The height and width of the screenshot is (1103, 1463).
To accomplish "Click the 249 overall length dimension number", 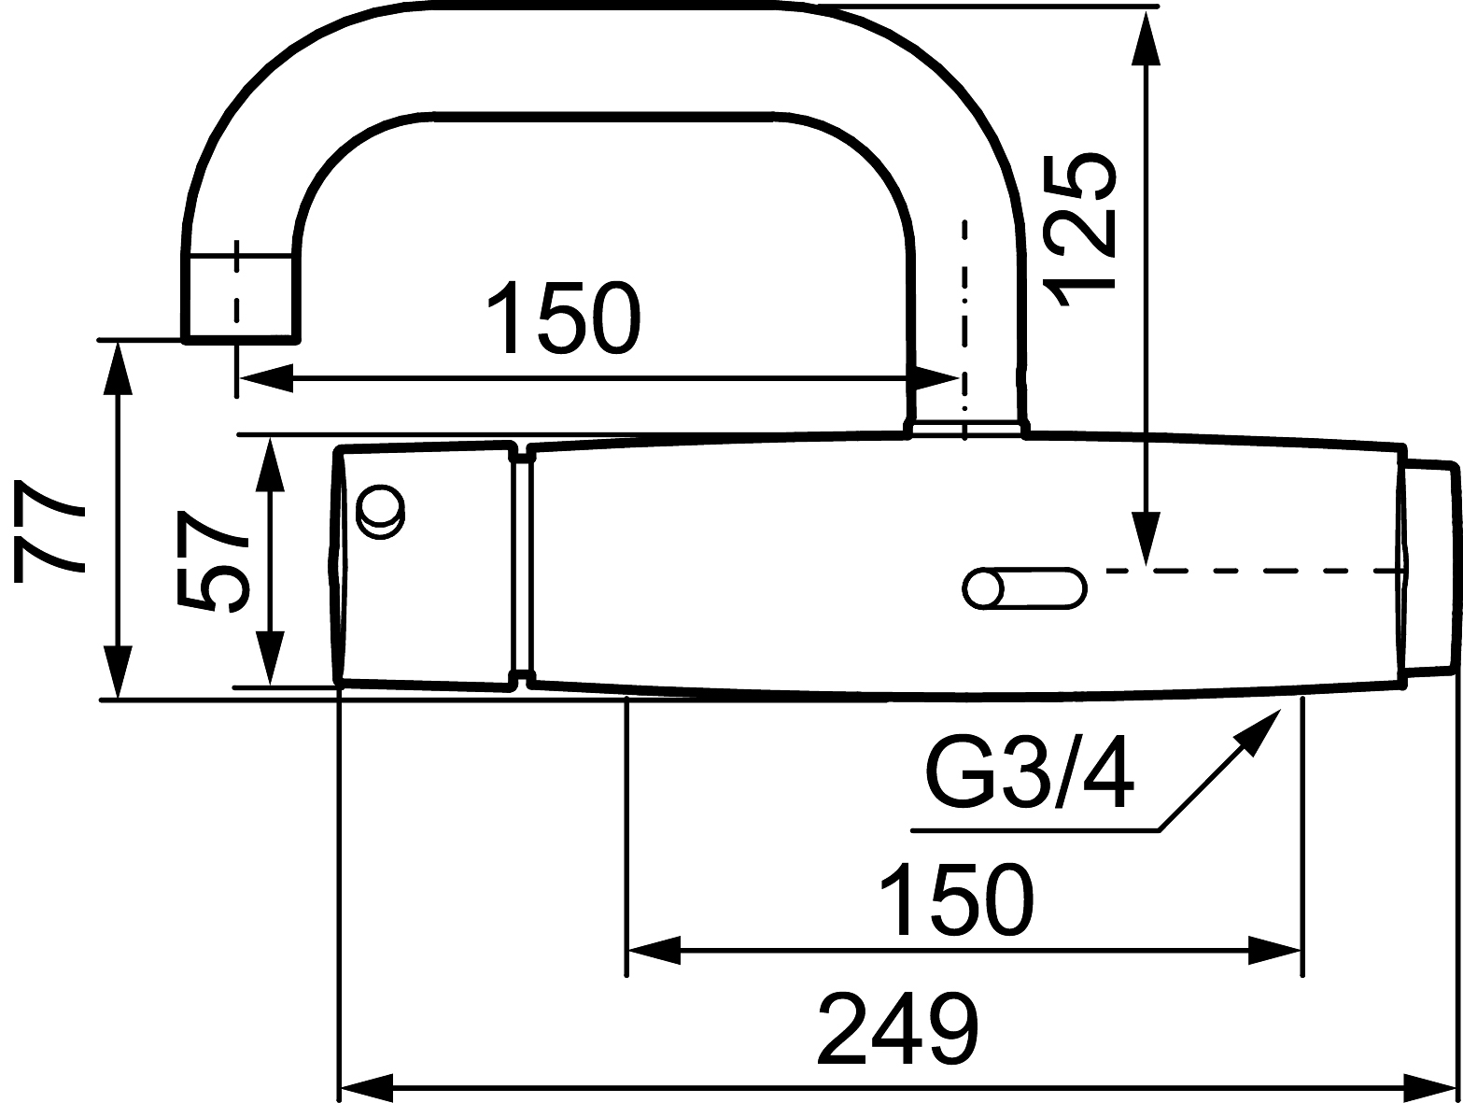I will pyautogui.click(x=898, y=1029).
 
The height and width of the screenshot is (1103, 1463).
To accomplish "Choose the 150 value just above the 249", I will pyautogui.click(x=955, y=899).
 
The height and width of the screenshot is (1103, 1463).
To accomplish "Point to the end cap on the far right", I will pyautogui.click(x=1428, y=566).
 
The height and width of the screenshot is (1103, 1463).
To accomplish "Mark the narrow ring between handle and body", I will pyautogui.click(x=522, y=566).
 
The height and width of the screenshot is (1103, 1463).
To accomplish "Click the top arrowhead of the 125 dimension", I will pyautogui.click(x=1146, y=37).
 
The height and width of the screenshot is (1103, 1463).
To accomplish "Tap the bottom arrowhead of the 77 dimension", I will pyautogui.click(x=117, y=671).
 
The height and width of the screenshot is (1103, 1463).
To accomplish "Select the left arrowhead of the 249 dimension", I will pyautogui.click(x=366, y=1087).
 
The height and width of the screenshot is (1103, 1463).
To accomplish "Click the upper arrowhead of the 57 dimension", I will pyautogui.click(x=270, y=464).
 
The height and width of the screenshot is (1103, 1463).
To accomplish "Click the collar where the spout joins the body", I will pyautogui.click(x=966, y=429).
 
